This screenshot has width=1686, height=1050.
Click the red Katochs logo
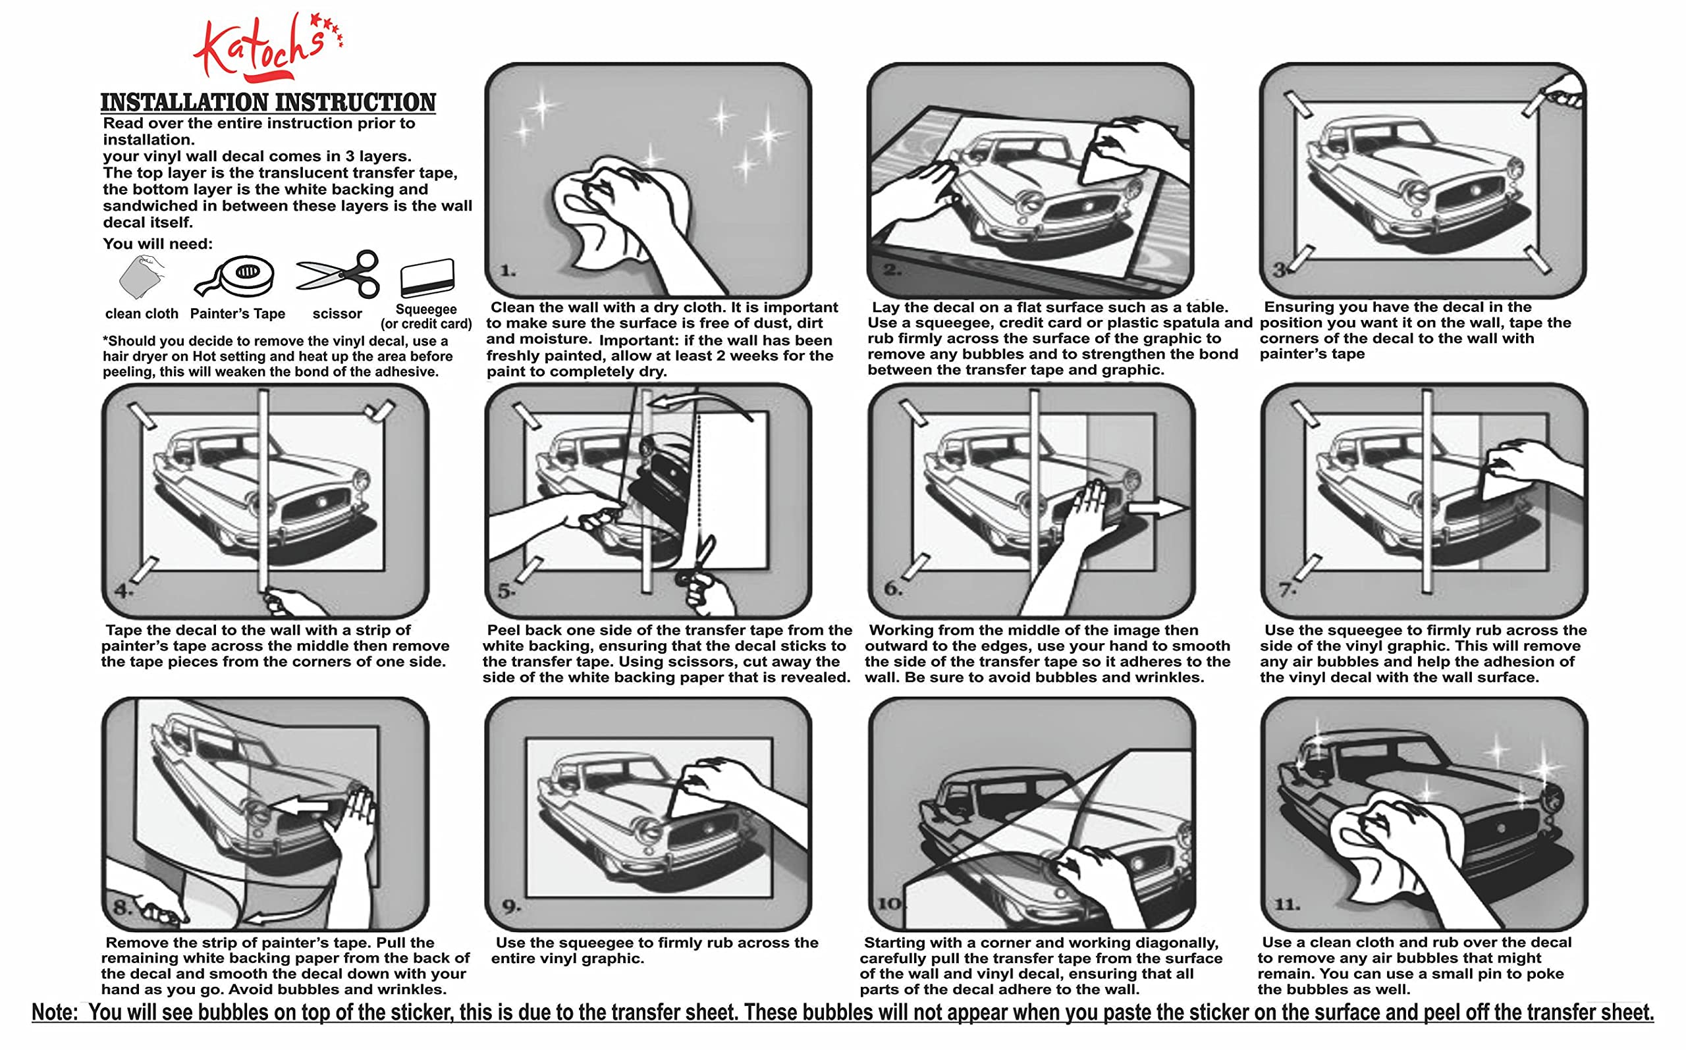point(267,47)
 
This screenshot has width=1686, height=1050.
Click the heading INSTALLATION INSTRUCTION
point(268,102)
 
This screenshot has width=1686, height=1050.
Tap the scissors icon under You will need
point(339,275)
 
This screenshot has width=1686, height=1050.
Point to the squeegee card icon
point(427,278)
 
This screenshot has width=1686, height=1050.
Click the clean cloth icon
point(142,276)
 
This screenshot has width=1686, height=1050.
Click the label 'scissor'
point(337,314)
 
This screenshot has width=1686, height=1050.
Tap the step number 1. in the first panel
point(508,271)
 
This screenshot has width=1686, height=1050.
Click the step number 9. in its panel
point(511,906)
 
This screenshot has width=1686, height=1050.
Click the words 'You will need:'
point(157,244)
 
